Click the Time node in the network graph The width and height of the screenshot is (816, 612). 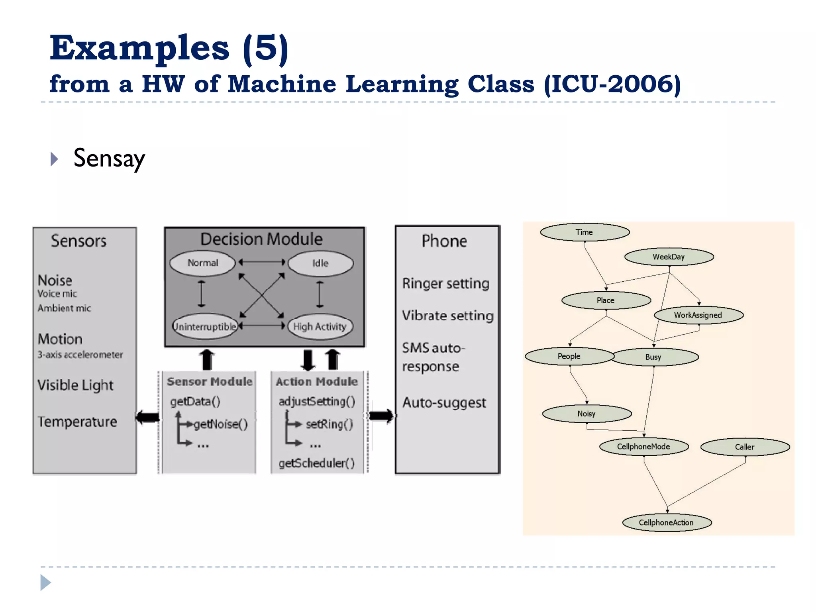point(585,232)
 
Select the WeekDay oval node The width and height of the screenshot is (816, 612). point(669,257)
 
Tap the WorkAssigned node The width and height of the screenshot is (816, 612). point(698,315)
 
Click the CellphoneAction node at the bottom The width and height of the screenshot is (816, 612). point(666,522)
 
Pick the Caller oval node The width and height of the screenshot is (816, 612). point(745,447)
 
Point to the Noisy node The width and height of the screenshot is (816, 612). point(586,414)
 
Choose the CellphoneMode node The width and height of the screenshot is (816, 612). point(643,447)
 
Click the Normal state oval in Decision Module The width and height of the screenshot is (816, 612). point(203,263)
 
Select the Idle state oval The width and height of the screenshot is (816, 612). point(320,263)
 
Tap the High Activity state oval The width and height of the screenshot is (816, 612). point(320,327)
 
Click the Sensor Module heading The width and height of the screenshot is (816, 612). point(210,382)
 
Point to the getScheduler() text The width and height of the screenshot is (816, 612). point(317,463)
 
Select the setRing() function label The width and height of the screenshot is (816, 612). point(329,424)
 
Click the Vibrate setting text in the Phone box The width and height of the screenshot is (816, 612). point(447,316)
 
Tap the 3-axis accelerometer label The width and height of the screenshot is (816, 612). point(80,355)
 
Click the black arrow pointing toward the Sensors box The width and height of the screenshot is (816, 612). point(147,417)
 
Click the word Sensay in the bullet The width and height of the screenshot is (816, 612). point(109,159)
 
